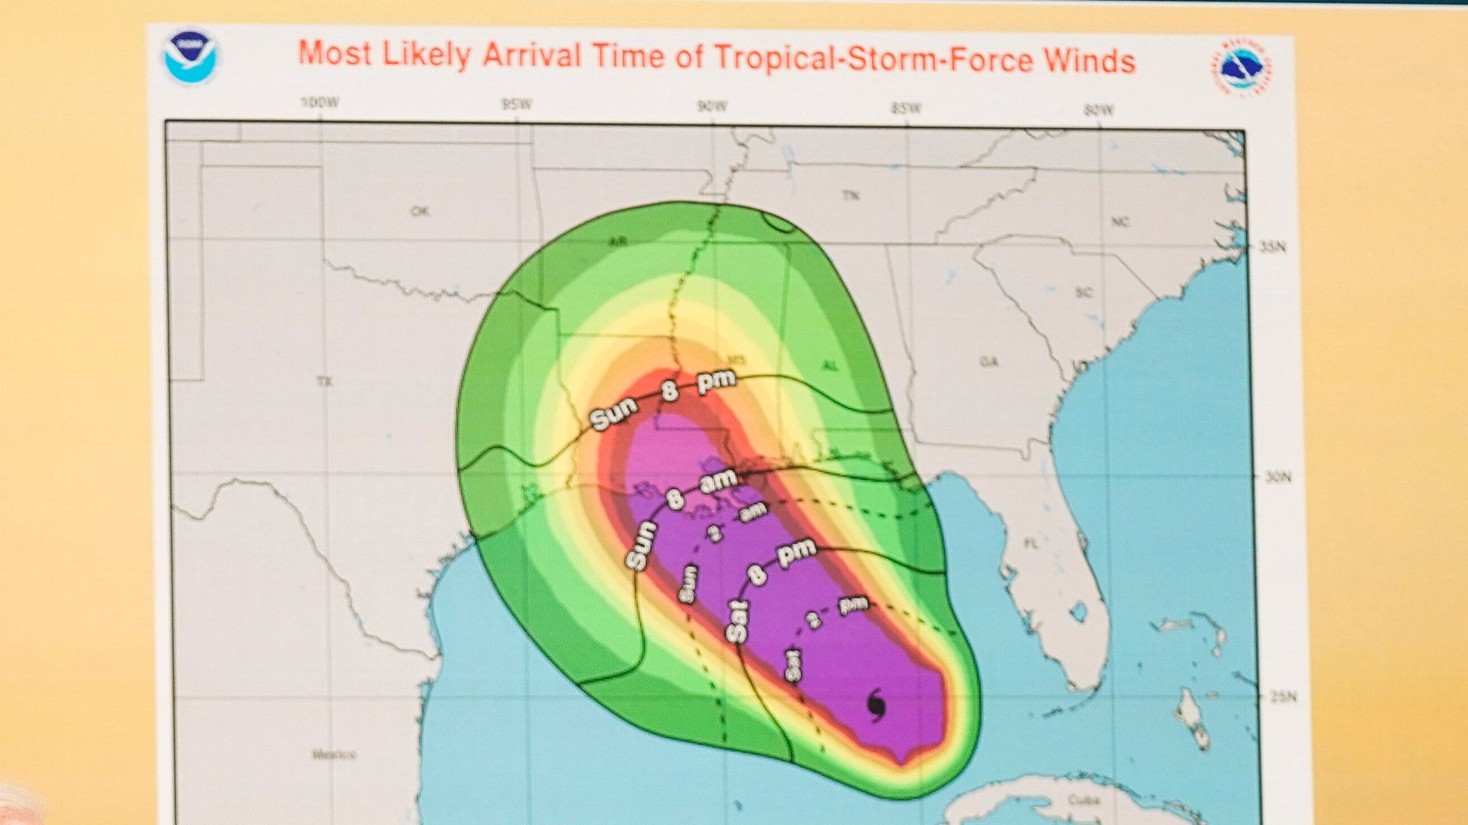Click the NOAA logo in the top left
pos(191,57)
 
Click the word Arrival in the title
pos(532,55)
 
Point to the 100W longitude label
pos(319,103)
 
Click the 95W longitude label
pos(516,105)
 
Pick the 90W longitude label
pos(712,107)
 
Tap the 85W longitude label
pos(906,108)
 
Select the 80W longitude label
pos(1098,110)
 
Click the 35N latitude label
pos(1273,247)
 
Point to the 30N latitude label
pos(1276,477)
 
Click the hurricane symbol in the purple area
pos(877,705)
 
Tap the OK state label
pos(420,211)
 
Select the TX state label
pos(324,382)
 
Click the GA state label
pos(988,362)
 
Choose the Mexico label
pos(334,754)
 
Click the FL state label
pos(1030,543)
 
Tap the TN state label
pos(850,196)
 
